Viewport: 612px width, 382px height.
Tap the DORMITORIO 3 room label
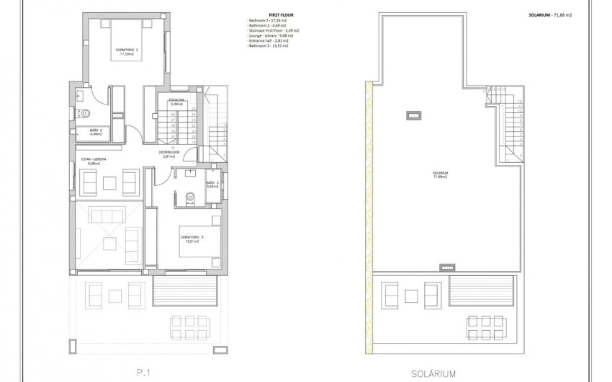[x=191, y=239]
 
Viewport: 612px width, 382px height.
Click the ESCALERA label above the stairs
[x=177, y=102]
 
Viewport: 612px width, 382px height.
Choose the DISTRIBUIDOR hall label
[x=169, y=154]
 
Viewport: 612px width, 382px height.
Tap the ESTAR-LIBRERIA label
[x=94, y=161]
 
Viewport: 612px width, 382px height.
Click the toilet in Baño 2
[x=84, y=112]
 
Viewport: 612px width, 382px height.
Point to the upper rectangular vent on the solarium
[x=415, y=114]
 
